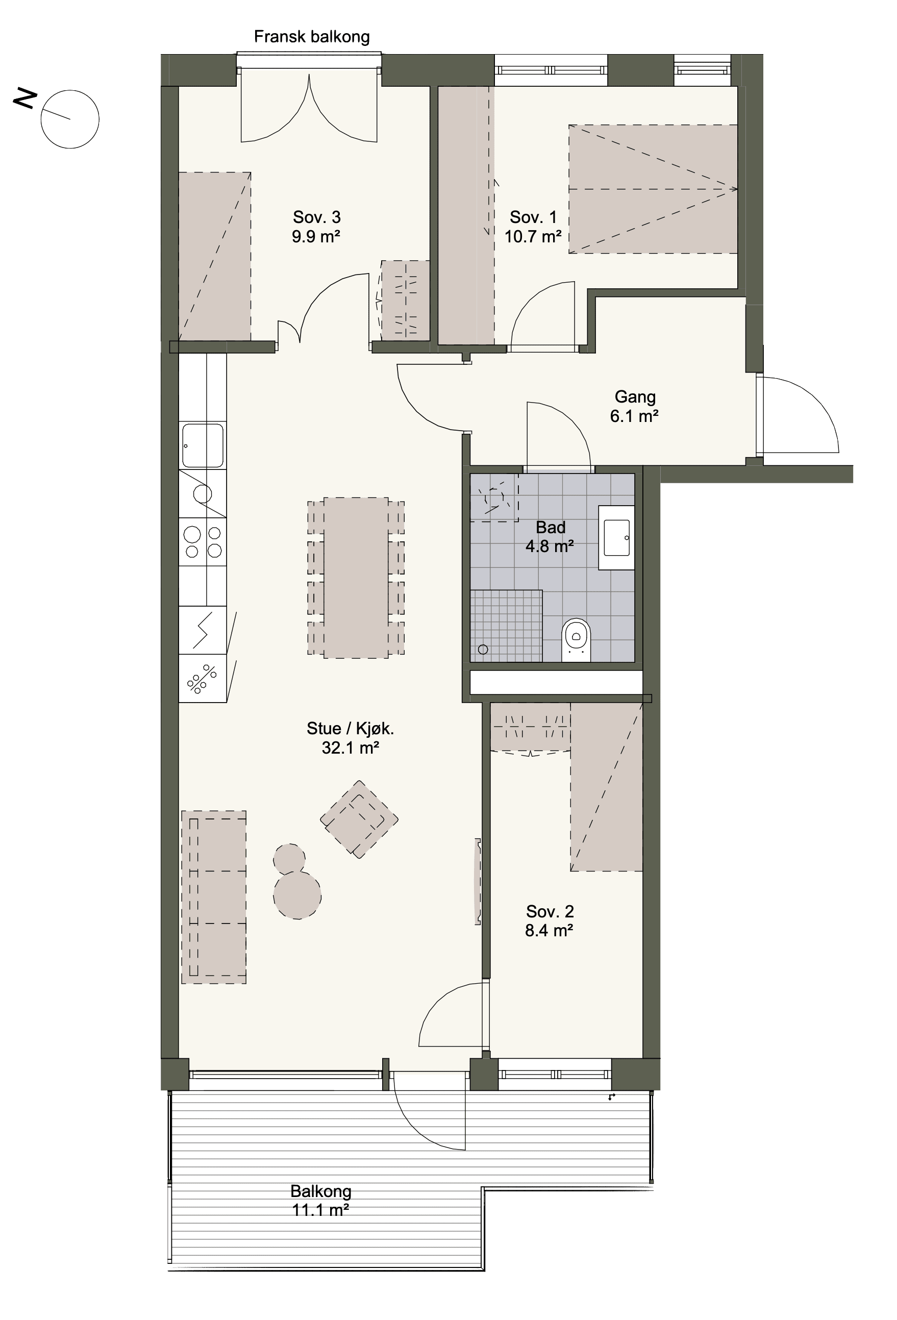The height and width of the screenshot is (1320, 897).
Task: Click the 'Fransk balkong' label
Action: click(x=311, y=37)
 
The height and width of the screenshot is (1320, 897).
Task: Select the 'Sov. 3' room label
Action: click(x=316, y=217)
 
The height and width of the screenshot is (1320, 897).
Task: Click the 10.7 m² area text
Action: click(x=533, y=236)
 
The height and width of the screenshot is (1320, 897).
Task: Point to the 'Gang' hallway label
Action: click(x=635, y=396)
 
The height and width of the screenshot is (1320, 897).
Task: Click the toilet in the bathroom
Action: click(x=576, y=639)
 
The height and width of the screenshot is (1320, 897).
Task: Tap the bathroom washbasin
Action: click(x=616, y=537)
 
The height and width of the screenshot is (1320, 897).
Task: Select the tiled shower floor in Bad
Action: click(x=506, y=626)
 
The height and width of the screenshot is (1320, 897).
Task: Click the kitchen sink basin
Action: click(x=203, y=445)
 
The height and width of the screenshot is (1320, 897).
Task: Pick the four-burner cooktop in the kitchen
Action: click(x=203, y=542)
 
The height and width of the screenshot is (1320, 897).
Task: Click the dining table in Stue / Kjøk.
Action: click(x=356, y=578)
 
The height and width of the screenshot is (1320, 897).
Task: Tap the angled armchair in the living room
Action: click(x=359, y=819)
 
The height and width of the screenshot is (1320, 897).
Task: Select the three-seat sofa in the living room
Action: click(x=214, y=897)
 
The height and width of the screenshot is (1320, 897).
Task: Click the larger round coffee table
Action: click(x=297, y=895)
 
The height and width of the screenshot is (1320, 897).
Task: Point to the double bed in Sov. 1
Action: click(x=653, y=189)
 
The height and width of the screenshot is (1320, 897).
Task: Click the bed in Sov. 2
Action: click(x=607, y=786)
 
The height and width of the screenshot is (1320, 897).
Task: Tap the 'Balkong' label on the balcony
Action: click(x=321, y=1190)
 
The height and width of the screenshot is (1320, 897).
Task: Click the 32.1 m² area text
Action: click(x=351, y=748)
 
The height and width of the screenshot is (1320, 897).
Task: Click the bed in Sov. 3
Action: click(x=215, y=256)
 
